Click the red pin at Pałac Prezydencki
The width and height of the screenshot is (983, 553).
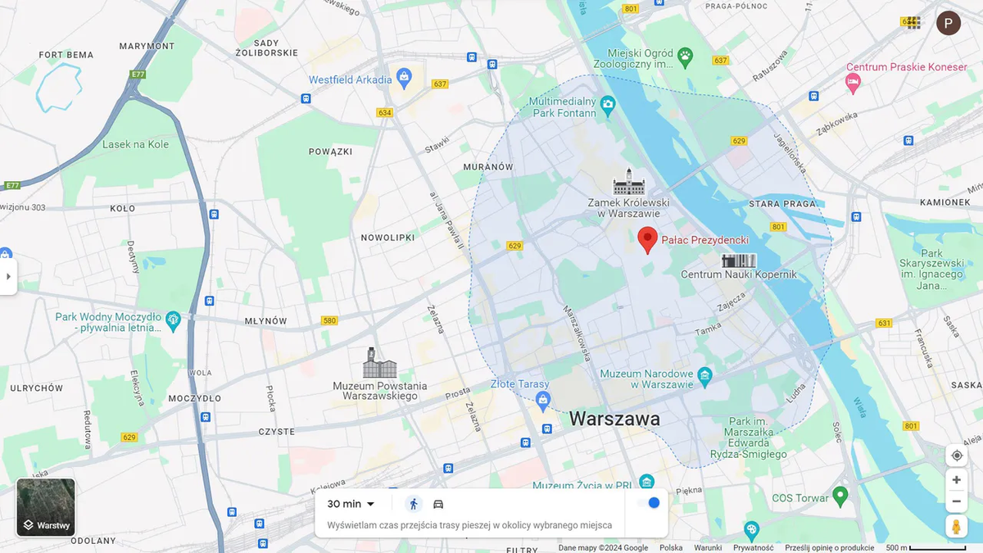pos(648,239)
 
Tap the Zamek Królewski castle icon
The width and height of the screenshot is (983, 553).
pos(628,182)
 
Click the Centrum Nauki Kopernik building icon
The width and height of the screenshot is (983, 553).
pos(738,261)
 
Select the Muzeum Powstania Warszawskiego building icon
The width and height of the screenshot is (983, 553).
pos(379,363)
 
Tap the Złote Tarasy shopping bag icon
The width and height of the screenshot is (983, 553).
pos(541,400)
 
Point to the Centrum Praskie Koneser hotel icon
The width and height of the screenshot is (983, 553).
pos(853,82)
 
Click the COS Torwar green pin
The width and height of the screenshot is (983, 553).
pos(840,496)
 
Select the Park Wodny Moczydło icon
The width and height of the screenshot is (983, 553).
pos(173,320)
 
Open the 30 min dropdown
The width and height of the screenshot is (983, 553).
pos(351,504)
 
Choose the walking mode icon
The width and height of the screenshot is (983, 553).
pos(414,504)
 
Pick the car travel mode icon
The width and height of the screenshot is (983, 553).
pos(438,504)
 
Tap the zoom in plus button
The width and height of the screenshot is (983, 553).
pos(956,480)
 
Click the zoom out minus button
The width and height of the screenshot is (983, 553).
pos(956,501)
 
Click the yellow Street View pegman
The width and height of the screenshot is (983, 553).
pos(956,526)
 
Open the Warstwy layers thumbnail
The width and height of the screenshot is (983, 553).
pos(46,507)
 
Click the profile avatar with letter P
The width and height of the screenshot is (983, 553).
pos(949,23)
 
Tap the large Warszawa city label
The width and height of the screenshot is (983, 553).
pos(614,419)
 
